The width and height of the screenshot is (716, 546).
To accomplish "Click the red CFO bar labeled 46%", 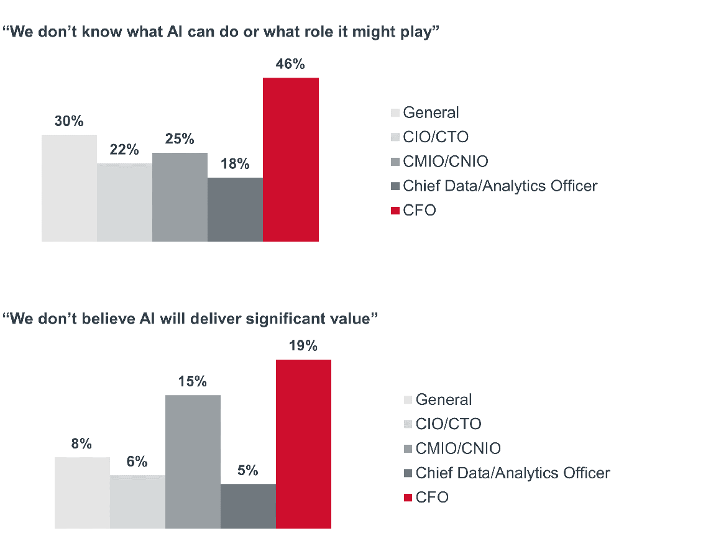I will click(290, 159).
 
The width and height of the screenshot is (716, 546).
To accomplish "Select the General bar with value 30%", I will click(69, 188).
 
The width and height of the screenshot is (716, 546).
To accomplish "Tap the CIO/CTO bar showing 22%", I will click(124, 202).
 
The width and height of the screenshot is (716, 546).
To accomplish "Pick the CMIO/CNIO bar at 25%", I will click(180, 196).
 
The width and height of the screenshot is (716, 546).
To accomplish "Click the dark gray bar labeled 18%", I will click(235, 209).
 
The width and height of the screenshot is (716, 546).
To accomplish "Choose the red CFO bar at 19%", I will click(303, 444).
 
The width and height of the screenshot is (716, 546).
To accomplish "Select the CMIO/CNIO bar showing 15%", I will click(193, 462).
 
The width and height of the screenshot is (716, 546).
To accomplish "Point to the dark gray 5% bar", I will click(248, 506).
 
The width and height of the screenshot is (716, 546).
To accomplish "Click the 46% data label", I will click(290, 64).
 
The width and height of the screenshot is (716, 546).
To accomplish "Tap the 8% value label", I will click(81, 444).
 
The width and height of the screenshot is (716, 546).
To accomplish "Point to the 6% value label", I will click(137, 462).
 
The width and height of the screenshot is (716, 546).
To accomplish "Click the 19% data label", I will click(303, 346).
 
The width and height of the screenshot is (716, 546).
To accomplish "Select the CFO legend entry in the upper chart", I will click(420, 211).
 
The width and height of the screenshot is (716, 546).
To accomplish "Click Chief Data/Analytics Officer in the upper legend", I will click(500, 186).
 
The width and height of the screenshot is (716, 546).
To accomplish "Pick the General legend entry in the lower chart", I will click(444, 399).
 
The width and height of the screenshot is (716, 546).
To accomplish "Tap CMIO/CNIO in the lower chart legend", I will click(458, 448).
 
